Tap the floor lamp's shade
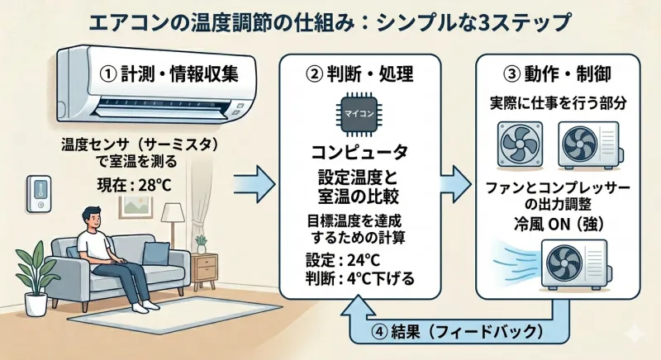[x=173, y=214]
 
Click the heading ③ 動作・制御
[x=563, y=73]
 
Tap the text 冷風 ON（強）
[x=562, y=223]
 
